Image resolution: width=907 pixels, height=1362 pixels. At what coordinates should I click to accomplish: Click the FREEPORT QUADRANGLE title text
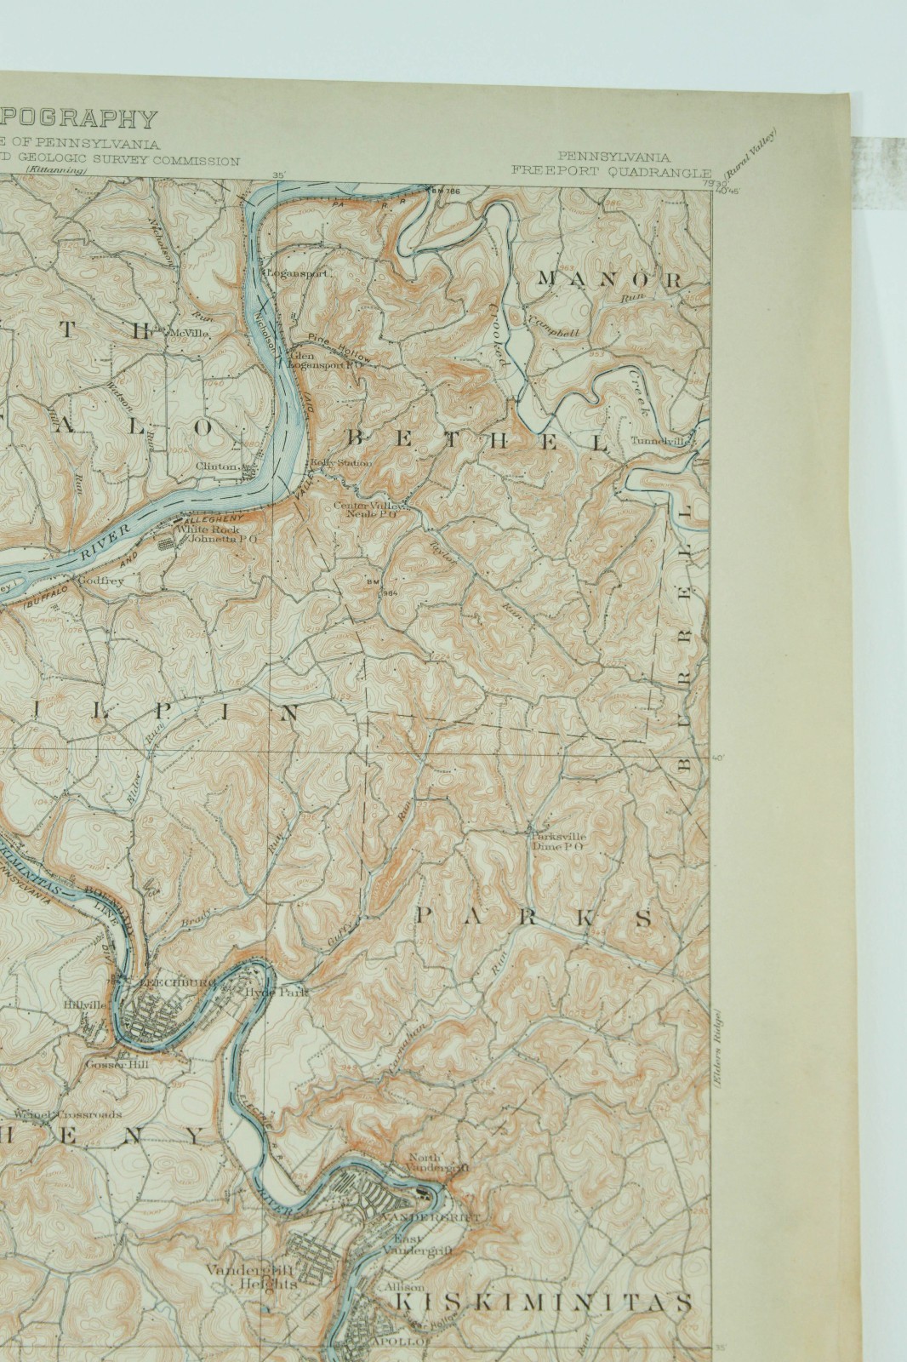pos(611,169)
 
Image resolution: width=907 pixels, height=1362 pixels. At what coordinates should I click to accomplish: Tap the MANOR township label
pos(609,279)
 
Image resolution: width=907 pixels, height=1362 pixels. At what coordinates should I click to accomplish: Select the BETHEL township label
pos(479,440)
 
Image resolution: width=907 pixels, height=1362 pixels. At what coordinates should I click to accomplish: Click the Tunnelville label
pos(657,441)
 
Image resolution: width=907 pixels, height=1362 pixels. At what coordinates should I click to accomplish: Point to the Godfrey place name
pos(101,581)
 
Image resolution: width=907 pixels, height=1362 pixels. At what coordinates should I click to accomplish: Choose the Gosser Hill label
pos(111,1063)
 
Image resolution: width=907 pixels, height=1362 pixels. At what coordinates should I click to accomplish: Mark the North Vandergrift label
pos(436,1162)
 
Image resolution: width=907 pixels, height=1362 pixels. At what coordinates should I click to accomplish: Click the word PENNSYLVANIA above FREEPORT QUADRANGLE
pos(613,157)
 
